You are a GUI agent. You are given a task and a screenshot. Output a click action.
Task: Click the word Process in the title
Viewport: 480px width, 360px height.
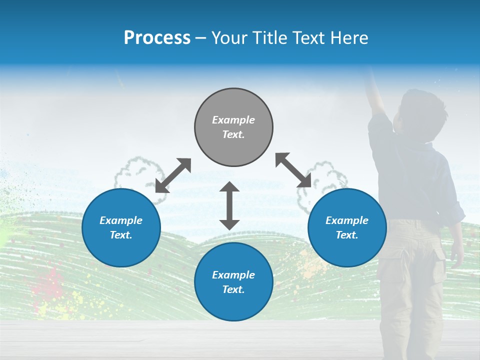coord(157,38)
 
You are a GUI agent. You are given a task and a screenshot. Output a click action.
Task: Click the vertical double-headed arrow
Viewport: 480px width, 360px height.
coord(229,205)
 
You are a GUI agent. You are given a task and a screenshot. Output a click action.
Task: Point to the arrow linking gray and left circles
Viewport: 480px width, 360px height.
coord(173,175)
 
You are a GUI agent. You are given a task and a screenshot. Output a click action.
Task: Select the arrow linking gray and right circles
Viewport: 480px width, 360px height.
coord(293,170)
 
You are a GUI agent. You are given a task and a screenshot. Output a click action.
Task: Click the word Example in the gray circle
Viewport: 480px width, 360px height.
coord(233,120)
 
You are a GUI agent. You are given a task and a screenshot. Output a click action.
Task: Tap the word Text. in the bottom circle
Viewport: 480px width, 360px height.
coord(233,289)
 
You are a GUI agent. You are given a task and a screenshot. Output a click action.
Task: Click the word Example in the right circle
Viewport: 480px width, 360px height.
coord(347,220)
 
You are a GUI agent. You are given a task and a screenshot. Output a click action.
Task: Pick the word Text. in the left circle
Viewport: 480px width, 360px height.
coord(121,235)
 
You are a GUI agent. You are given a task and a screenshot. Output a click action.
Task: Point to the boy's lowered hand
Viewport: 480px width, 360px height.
coord(456,255)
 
